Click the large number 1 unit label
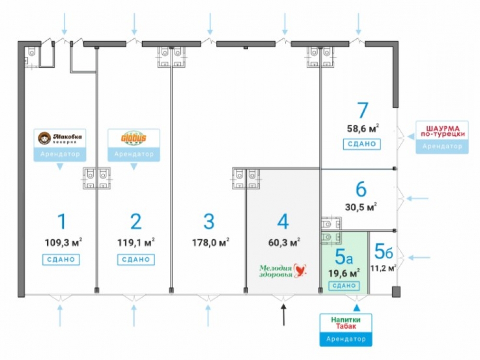pyautogui.click(x=61, y=222)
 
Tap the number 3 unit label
pyautogui.click(x=208, y=222)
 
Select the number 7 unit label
pyautogui.click(x=362, y=111)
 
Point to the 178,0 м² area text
pyautogui.click(x=209, y=242)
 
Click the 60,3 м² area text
pyautogui.click(x=284, y=242)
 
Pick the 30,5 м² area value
pyautogui.click(x=361, y=207)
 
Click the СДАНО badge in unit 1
pyautogui.click(x=61, y=260)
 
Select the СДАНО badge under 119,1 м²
pyautogui.click(x=136, y=260)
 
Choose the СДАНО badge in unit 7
pyautogui.click(x=362, y=144)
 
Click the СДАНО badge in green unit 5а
pyautogui.click(x=344, y=286)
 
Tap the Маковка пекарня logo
pyautogui.click(x=60, y=139)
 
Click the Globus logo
pyautogui.click(x=133, y=138)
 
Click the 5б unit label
pyautogui.click(x=383, y=250)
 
